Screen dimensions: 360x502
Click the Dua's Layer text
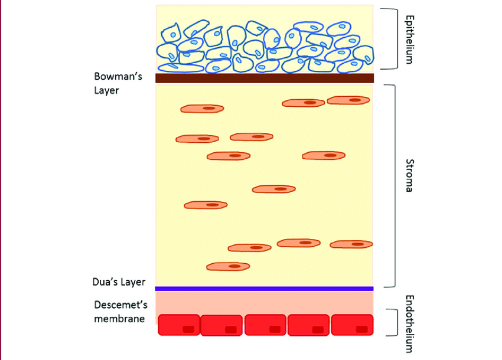(120, 282)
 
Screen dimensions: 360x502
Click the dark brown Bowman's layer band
(265, 78)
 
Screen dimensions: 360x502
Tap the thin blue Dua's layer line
(265, 289)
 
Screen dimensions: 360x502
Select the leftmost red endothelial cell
(179, 325)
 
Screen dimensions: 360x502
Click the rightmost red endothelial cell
(353, 325)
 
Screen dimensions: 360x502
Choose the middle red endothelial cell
(266, 325)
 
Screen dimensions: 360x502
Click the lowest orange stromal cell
(228, 267)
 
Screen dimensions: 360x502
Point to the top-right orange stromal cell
(348, 100)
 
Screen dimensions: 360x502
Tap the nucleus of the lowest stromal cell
(234, 267)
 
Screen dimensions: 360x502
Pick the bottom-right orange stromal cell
(351, 244)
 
